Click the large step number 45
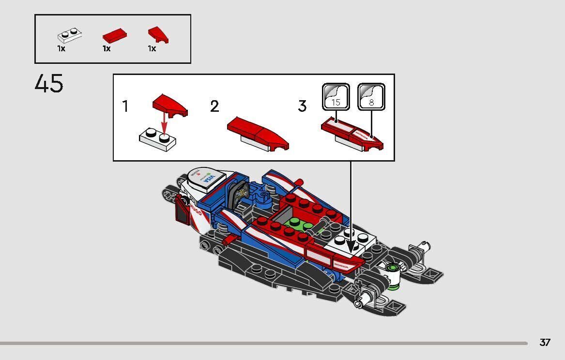(x=49, y=84)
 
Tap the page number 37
(x=545, y=343)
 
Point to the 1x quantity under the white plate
(x=61, y=49)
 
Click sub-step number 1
(x=125, y=106)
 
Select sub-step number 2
(x=214, y=106)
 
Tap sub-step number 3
(x=302, y=106)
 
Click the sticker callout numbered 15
(x=336, y=96)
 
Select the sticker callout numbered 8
(x=371, y=96)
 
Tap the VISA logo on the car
(x=208, y=179)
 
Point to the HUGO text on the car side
(x=196, y=211)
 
